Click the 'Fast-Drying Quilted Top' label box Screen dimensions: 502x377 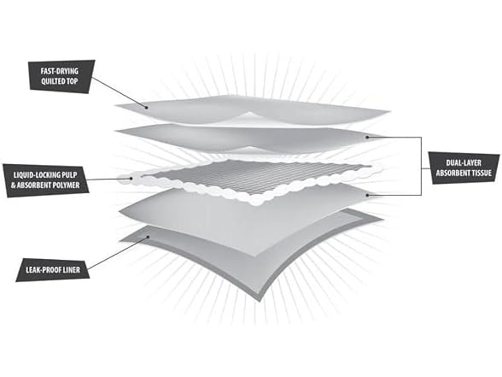pyautogui.click(x=61, y=76)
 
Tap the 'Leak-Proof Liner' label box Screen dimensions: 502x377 pyautogui.click(x=53, y=269)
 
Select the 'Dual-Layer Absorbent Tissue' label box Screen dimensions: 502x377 pyautogui.click(x=464, y=168)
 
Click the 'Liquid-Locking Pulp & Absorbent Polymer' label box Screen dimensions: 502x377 pyautogui.click(x=46, y=180)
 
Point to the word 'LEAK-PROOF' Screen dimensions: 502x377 pyautogui.click(x=44, y=270)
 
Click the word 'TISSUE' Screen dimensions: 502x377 pyautogui.click(x=482, y=173)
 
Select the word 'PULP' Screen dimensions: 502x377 pyautogui.click(x=70, y=175)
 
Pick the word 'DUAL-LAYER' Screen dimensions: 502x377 pyautogui.click(x=464, y=162)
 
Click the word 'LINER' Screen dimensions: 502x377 pyautogui.click(x=72, y=270)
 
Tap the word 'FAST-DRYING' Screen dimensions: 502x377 pyautogui.click(x=60, y=71)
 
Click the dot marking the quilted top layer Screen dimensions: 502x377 pyautogui.click(x=146, y=108)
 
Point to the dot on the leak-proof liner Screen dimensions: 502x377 pyautogui.click(x=149, y=238)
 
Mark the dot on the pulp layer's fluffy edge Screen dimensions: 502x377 pyautogui.click(x=131, y=178)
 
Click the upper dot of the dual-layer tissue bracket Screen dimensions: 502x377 pyautogui.click(x=367, y=137)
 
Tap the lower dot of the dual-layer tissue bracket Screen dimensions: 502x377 pyautogui.click(x=367, y=195)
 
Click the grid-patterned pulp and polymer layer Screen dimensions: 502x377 pyautogui.click(x=253, y=178)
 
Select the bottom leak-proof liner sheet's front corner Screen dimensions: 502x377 pyautogui.click(x=260, y=301)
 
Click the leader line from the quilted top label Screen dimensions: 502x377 pyautogui.click(x=119, y=92)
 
